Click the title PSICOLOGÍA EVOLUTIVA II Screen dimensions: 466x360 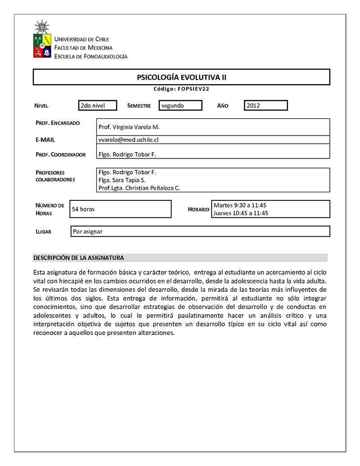coord(181,77)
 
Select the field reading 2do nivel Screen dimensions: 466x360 coord(97,105)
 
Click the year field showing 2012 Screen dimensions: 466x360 coord(265,105)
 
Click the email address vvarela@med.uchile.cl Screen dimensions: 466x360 coord(128,140)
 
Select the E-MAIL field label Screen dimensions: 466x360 coord(45,140)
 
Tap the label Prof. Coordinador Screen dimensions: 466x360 coord(60,154)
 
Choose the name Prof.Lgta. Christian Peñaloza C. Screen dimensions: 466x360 coord(139,188)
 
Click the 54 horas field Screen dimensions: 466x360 coord(83,209)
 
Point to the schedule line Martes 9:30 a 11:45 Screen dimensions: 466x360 coord(240,205)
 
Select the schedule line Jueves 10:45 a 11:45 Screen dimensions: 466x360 coord(241,213)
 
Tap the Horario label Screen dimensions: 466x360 coord(198,209)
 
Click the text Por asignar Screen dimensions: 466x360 coord(88,231)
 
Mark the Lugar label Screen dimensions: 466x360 coord(43,232)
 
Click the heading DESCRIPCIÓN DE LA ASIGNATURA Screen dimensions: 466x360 coord(78,258)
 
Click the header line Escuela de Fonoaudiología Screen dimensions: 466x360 coord(90,56)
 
